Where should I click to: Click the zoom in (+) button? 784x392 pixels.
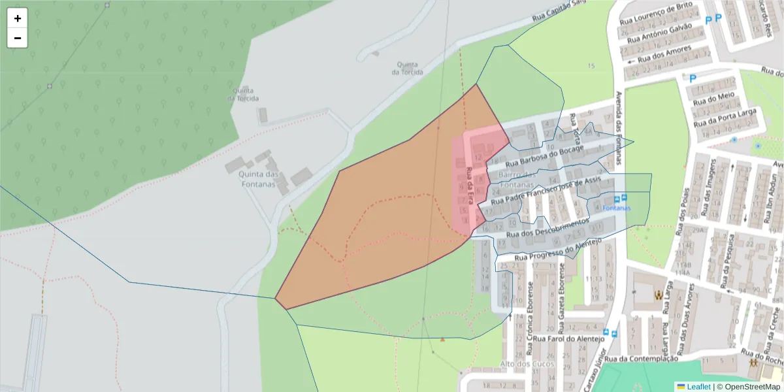18,18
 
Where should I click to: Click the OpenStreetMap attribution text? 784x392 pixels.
752,387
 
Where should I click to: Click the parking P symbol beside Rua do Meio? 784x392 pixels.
693,78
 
